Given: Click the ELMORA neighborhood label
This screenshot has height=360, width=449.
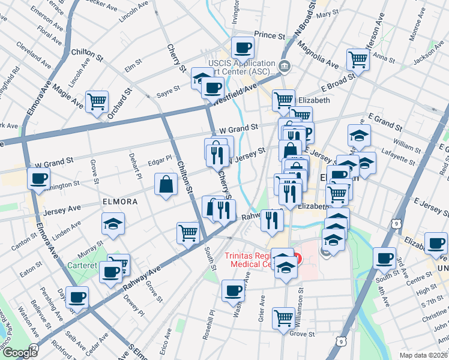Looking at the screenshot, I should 119,202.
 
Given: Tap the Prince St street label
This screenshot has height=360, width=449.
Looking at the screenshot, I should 268,36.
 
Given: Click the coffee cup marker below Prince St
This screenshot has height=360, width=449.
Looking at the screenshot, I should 243,48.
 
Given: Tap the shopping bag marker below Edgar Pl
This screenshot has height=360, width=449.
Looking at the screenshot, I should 166,184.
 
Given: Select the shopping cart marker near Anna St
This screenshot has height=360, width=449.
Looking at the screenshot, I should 358,59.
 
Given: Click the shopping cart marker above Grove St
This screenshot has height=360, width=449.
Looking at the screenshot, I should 283,317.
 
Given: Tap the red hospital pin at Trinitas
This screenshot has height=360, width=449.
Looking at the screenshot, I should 297,260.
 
